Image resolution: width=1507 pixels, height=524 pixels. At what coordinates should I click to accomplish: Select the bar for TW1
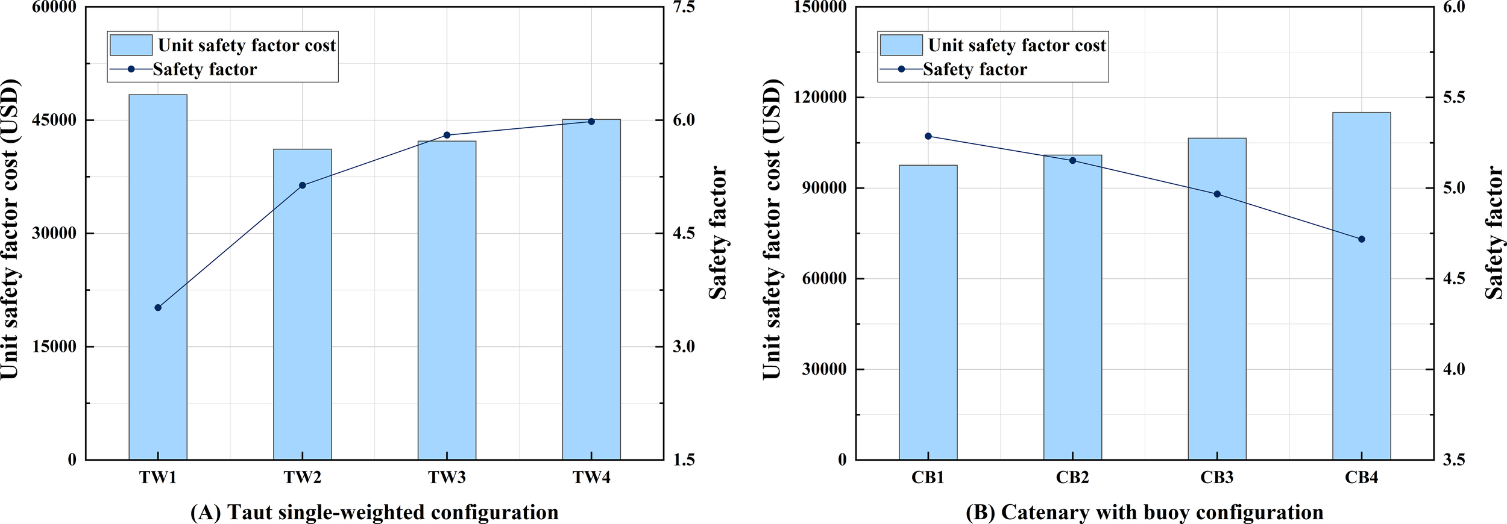[x=158, y=277]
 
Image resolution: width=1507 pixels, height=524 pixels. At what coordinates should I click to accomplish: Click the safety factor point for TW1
[x=158, y=308]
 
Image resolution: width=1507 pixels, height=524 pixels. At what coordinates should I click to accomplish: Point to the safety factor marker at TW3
[x=447, y=135]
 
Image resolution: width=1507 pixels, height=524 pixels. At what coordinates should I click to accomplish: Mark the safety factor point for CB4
[x=1361, y=239]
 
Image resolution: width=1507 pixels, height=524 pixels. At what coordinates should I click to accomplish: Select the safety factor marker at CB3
[x=1216, y=194]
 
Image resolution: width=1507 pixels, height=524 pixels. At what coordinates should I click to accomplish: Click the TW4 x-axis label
[x=591, y=478]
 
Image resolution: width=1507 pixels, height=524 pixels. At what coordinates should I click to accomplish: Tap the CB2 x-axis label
[x=1072, y=478]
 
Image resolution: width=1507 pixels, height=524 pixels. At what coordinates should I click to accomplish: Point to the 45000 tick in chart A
[x=54, y=120]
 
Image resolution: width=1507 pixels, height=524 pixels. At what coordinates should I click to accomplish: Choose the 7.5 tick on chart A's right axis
[x=684, y=7]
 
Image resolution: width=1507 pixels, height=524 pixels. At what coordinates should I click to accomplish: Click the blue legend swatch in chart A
[x=131, y=45]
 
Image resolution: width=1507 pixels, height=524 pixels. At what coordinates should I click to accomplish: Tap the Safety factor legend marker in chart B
[x=901, y=69]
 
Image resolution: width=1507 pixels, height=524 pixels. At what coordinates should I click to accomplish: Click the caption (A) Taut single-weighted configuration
[x=374, y=512]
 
